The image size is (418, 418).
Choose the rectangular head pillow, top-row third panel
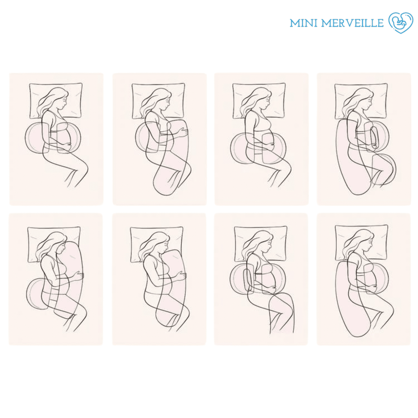click(259, 101)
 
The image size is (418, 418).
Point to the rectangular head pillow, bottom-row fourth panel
click(361, 243)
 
